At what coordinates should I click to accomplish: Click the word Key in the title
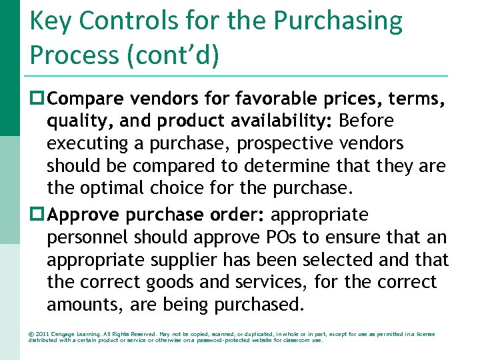coord(51,22)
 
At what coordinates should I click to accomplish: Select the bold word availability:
coord(277,121)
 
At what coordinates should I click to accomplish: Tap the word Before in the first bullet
coord(367,121)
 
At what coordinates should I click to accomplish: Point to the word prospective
coord(278,144)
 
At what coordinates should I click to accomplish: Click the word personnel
coord(87,237)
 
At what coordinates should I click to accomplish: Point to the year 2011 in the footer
coord(43,333)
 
